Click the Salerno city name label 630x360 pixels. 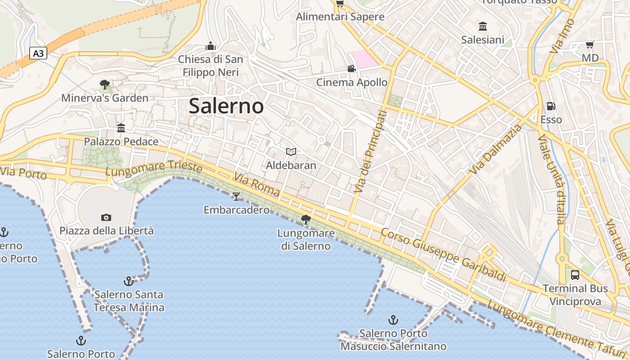[226, 106]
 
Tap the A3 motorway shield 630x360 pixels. [39, 54]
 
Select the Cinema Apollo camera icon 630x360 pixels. [351, 69]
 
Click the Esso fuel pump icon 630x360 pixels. [551, 107]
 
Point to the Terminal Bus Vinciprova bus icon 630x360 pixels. [575, 275]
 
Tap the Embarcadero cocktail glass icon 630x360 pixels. [236, 197]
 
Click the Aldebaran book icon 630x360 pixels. [291, 152]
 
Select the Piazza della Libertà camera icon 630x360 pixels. [106, 218]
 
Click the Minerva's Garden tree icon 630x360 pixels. [105, 85]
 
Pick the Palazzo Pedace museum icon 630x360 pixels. [121, 128]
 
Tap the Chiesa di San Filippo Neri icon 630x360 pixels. [210, 46]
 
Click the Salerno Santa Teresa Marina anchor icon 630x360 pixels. [129, 281]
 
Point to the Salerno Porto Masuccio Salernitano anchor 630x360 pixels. [393, 320]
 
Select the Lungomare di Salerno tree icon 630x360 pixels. [306, 220]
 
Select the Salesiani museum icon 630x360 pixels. [483, 26]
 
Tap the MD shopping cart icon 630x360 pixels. [589, 45]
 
